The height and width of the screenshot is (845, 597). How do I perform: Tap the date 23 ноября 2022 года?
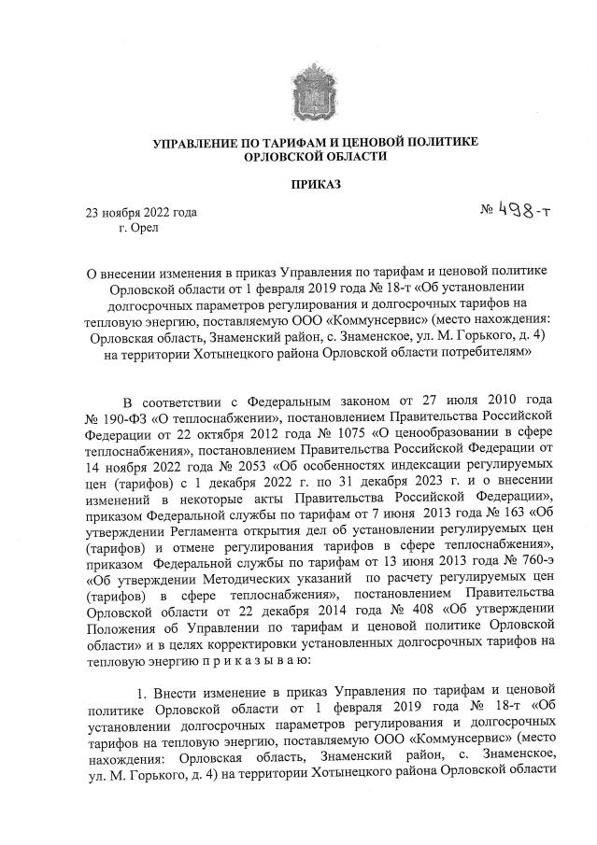click(x=141, y=213)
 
